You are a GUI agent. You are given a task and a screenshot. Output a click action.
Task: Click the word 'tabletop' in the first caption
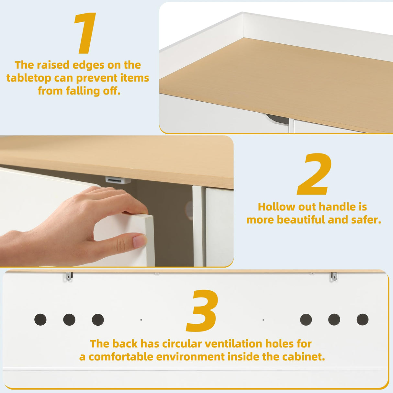coord(28,78)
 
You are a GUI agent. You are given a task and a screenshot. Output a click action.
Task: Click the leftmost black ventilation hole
coord(40,320)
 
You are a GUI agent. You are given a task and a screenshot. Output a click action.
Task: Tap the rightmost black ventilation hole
coord(363,320)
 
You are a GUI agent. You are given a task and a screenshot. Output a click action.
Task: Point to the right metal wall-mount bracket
coord(334,276)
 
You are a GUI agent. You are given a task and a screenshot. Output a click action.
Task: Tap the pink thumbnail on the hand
coord(140,241)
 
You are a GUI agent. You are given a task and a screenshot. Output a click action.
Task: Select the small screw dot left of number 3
coord(141,320)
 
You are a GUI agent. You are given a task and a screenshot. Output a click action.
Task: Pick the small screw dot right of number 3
coord(263,320)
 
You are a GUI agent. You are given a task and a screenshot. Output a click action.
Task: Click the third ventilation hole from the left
coord(98,320)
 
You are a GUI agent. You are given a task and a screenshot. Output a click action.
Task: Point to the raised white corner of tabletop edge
coord(243,15)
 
